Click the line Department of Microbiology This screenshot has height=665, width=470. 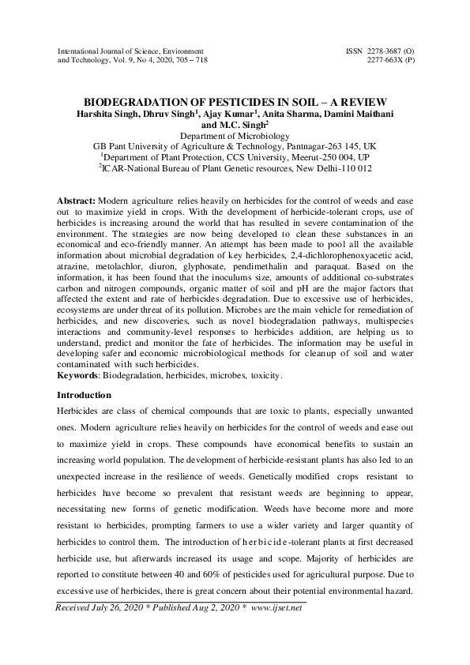click(235, 136)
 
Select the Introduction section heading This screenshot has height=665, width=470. click(85, 395)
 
